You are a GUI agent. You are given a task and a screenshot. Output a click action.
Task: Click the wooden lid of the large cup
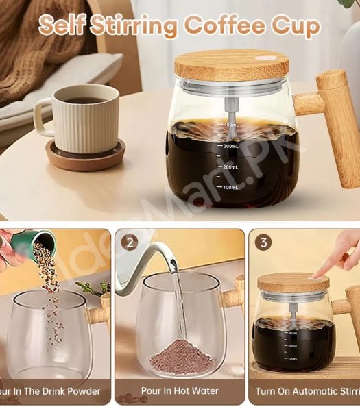click(231, 64)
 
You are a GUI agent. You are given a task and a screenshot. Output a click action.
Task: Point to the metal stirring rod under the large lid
click(226, 110)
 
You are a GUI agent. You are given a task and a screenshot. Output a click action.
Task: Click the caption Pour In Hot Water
click(179, 391)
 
